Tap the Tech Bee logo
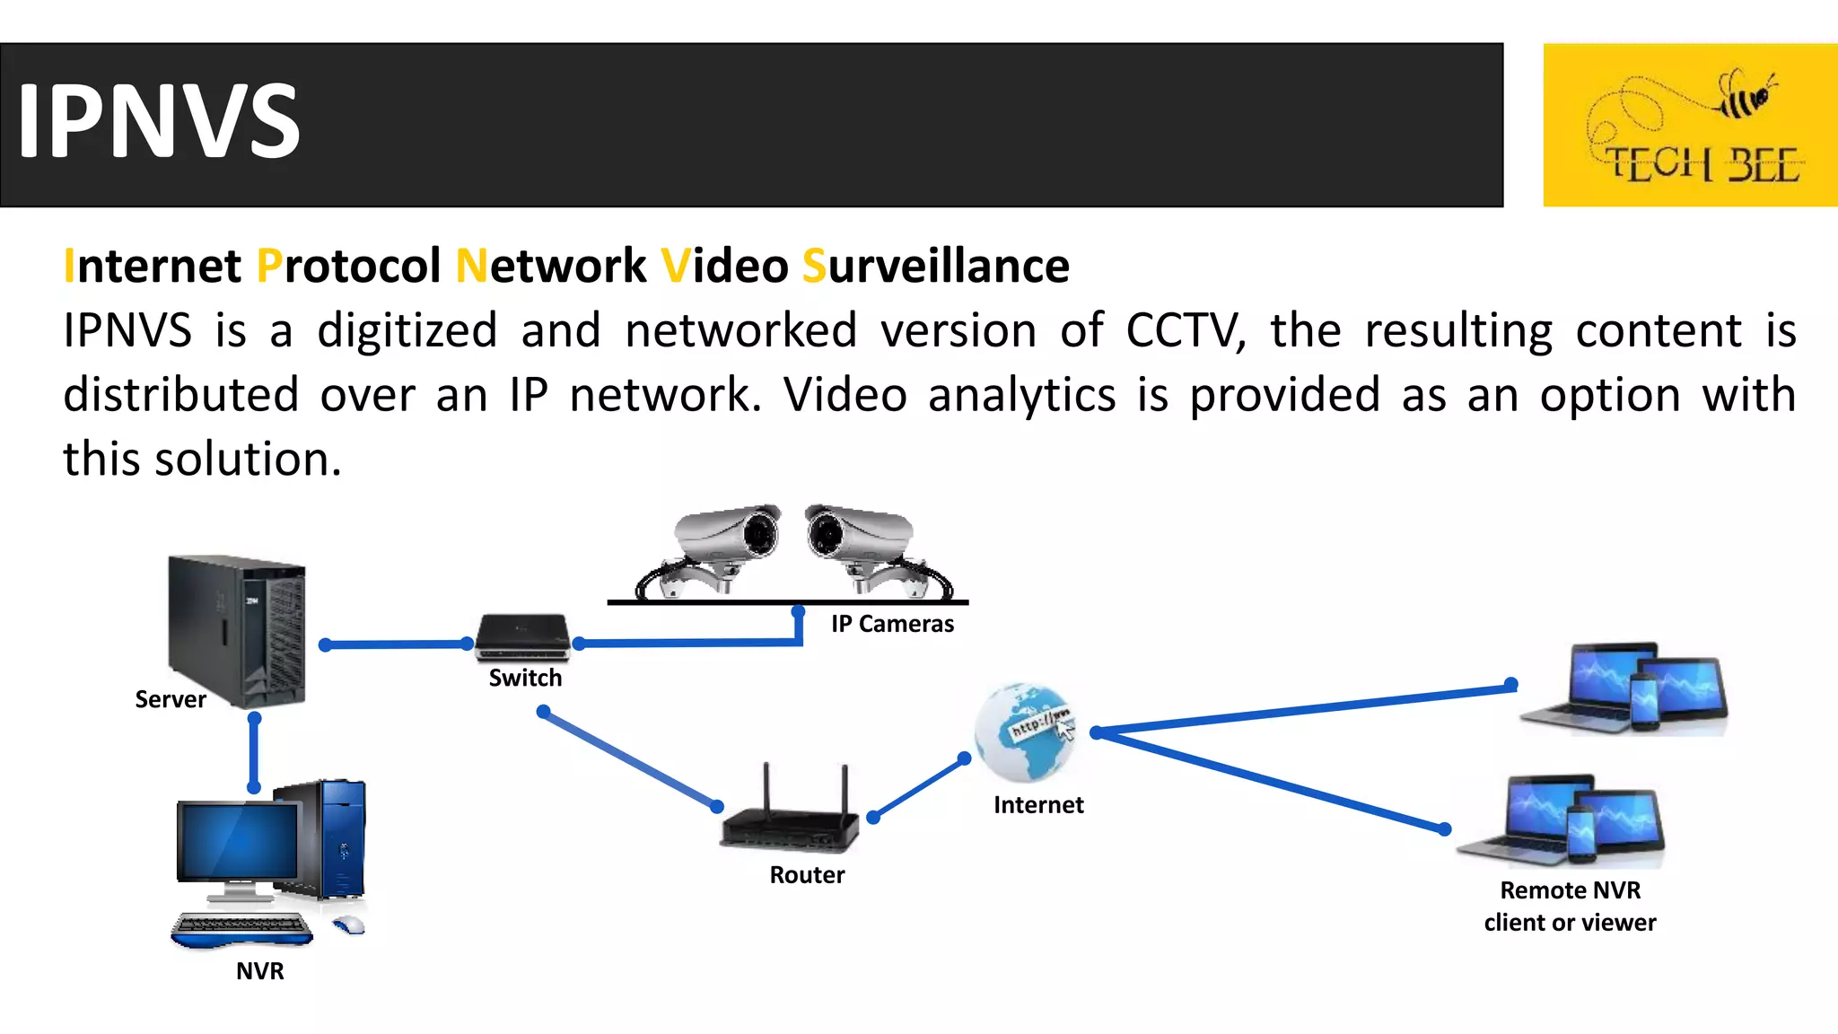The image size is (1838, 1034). tap(1689, 125)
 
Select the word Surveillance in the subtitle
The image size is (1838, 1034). tap(935, 267)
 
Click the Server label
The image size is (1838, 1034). tap(170, 699)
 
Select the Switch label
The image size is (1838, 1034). tap(525, 678)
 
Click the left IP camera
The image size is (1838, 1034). tap(718, 548)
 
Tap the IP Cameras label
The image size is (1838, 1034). tap(892, 624)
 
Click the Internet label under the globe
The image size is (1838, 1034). tap(1038, 805)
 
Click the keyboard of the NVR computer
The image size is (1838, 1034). tap(241, 928)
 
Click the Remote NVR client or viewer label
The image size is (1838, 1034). tap(1570, 907)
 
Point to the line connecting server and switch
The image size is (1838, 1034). tap(396, 644)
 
